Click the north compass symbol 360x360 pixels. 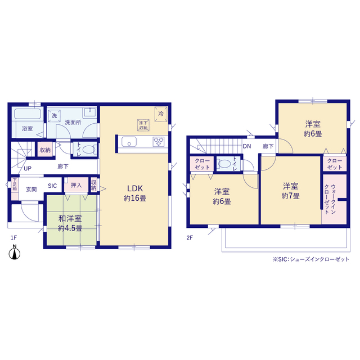click(15, 253)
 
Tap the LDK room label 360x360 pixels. click(135, 188)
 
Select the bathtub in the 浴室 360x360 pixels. click(28, 114)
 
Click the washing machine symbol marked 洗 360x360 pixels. click(54, 115)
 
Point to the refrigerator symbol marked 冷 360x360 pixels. click(161, 114)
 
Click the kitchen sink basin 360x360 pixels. click(129, 141)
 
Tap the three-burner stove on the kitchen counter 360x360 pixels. click(159, 141)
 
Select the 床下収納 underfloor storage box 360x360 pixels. click(143, 125)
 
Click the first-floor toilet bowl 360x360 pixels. click(88, 150)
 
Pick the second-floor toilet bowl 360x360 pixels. click(224, 164)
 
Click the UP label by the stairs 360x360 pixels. click(28, 169)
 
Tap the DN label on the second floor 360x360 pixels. click(247, 146)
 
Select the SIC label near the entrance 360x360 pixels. click(52, 186)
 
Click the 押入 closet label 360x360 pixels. click(76, 185)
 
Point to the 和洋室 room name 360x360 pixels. click(70, 218)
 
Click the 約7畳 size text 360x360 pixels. click(290, 196)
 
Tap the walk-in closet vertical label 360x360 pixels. click(330, 199)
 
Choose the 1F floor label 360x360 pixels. click(13, 237)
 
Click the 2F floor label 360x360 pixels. click(190, 237)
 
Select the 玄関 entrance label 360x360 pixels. click(31, 190)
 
